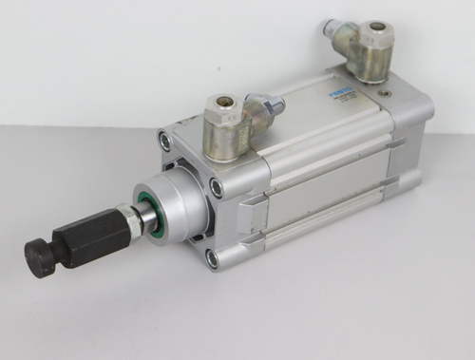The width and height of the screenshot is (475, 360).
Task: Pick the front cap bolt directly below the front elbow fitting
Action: click(217, 187)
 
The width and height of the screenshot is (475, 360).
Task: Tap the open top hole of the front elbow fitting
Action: click(224, 104)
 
